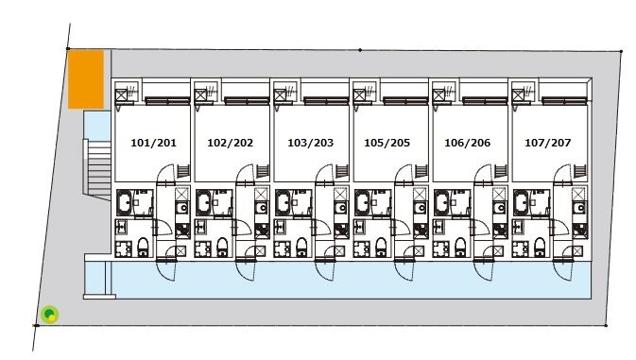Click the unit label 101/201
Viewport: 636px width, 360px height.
coord(153,143)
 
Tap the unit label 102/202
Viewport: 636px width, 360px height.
coord(230,143)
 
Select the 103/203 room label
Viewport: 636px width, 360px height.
coord(310,143)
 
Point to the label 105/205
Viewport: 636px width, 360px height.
coord(387,143)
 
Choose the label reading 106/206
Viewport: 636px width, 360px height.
coord(467,143)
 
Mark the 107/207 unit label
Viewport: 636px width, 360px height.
coord(547,143)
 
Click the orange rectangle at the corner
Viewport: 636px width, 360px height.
coord(86,79)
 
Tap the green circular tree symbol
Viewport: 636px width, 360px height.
coord(49,315)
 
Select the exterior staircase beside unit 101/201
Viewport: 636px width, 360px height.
coord(97,169)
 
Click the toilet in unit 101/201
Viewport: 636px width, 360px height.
coord(143,248)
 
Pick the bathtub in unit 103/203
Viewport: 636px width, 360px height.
coord(283,202)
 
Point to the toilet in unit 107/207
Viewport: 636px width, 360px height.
coord(540,248)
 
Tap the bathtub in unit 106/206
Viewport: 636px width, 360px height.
coord(441,202)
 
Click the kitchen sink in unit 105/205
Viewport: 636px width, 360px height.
coord(421,209)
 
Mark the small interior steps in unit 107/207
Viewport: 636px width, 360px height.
coord(580,171)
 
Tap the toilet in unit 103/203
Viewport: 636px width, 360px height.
coord(301,248)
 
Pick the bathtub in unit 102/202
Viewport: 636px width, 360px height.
coord(203,202)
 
